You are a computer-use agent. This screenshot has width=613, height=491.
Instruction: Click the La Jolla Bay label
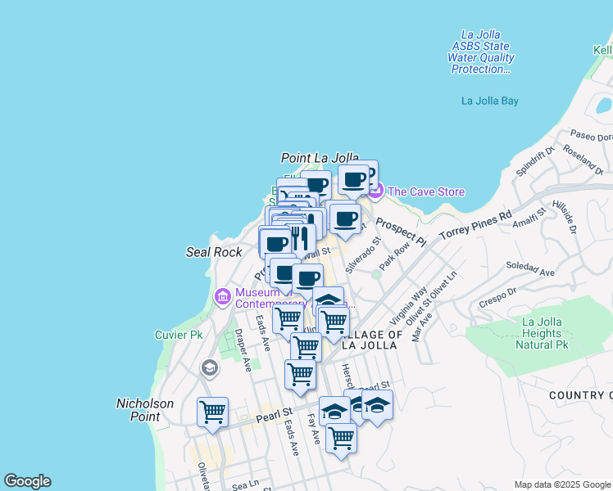[490, 101]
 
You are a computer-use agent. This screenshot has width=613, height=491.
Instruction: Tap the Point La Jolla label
[320, 158]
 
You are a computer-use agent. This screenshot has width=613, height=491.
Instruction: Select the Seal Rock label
[215, 252]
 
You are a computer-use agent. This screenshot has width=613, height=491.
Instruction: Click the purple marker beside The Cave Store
[375, 191]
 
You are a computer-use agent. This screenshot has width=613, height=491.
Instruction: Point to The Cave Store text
[426, 192]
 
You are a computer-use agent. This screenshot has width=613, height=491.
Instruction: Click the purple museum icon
[222, 297]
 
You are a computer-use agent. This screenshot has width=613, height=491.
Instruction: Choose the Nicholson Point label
[145, 410]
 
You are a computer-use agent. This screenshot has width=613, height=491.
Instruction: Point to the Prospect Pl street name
[402, 232]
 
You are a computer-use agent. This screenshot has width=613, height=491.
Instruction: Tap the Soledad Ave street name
[530, 268]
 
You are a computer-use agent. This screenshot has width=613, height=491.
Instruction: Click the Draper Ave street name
[241, 349]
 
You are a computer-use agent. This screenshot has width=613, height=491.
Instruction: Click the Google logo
[27, 481]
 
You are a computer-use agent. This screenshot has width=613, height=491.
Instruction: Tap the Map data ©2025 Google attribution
[562, 484]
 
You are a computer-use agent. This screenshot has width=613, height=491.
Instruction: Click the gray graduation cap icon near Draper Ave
[210, 368]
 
